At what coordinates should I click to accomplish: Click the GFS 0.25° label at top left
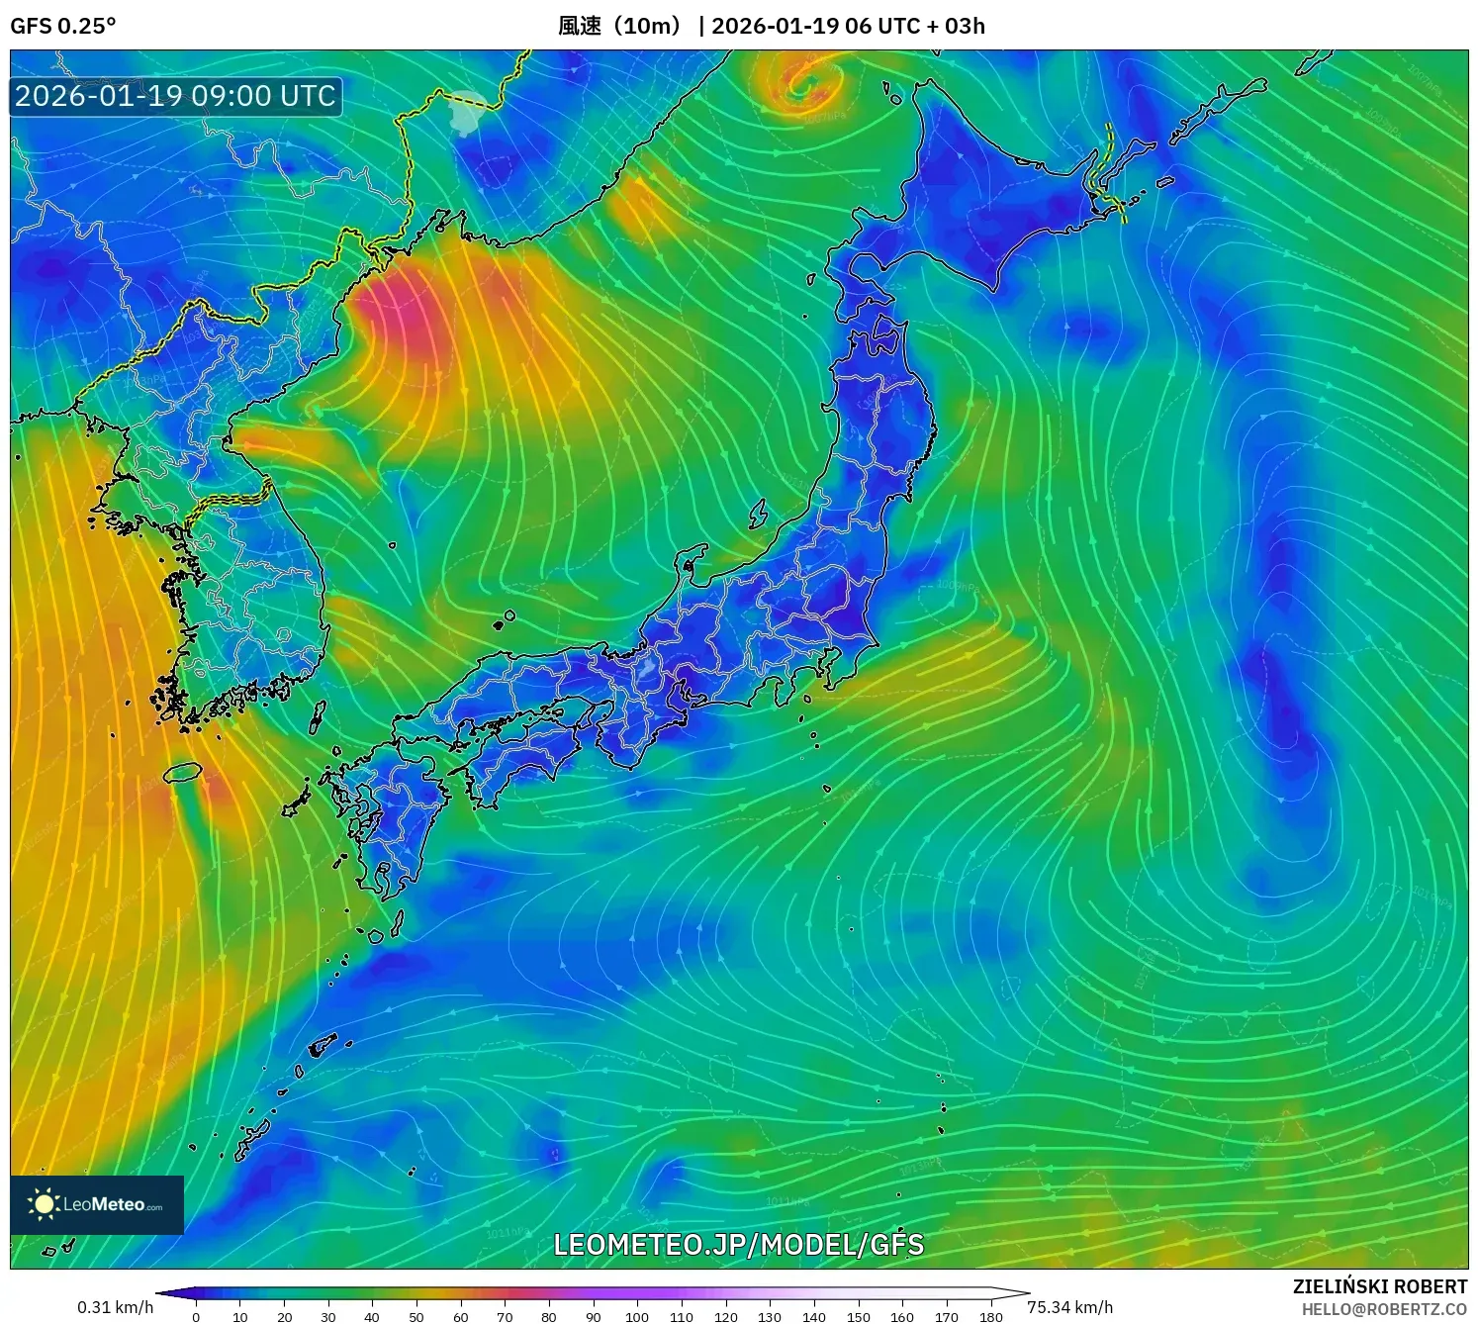click(62, 26)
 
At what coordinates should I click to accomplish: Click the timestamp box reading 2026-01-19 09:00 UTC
click(176, 96)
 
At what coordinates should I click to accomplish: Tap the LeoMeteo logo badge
click(97, 1204)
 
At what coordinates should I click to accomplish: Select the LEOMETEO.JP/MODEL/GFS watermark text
click(738, 1244)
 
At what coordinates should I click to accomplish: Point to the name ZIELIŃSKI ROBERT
click(1380, 1286)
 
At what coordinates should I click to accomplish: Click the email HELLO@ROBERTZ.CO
click(1384, 1309)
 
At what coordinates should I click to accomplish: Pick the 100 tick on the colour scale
click(637, 1316)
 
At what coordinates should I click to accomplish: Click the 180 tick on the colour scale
click(990, 1316)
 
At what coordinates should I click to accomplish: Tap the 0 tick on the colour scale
click(196, 1316)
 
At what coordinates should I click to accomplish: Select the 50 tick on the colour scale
click(416, 1316)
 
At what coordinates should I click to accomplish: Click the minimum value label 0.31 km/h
click(115, 1307)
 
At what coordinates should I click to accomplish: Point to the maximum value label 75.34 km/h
click(1069, 1307)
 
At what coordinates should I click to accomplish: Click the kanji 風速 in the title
click(580, 26)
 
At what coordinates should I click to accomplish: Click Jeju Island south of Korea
click(183, 772)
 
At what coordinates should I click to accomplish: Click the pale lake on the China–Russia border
click(465, 111)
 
